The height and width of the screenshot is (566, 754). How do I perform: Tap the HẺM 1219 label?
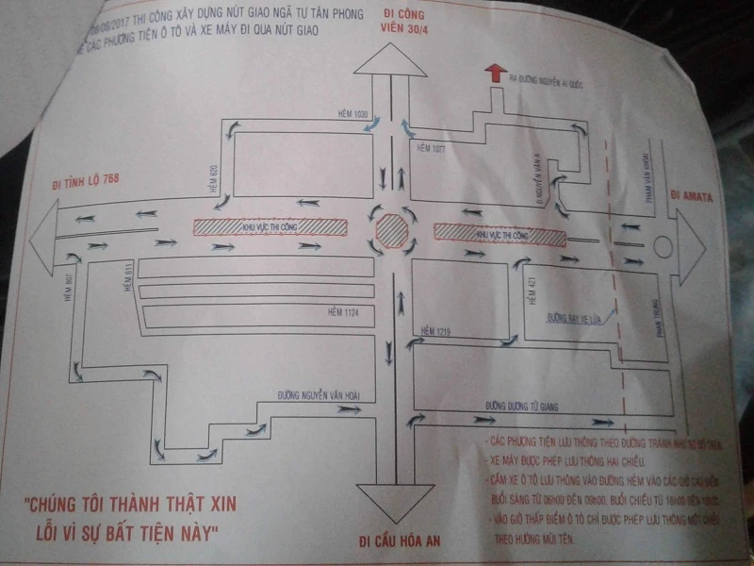click(437, 330)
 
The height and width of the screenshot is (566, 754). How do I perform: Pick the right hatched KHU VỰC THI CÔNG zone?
click(500, 232)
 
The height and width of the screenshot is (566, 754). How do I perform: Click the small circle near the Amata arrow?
click(662, 248)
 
